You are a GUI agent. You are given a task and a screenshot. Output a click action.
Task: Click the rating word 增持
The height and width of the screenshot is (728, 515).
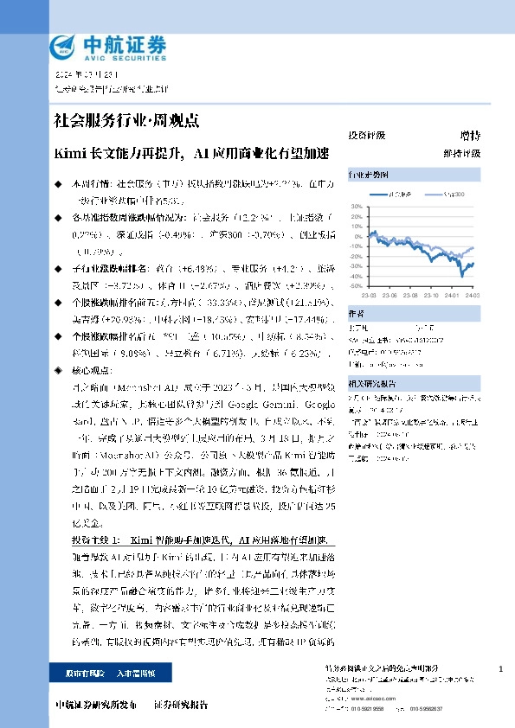click(470, 136)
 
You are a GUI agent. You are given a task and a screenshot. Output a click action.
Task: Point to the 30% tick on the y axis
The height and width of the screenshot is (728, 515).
click(357, 206)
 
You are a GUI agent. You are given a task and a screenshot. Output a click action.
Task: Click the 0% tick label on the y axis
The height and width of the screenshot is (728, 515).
click(358, 236)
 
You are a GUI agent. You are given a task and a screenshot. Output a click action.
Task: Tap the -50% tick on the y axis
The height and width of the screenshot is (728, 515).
click(356, 286)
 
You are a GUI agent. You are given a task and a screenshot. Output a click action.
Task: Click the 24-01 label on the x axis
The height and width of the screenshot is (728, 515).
click(454, 294)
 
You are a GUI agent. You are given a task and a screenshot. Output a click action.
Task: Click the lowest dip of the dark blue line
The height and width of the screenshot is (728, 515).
click(462, 276)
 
